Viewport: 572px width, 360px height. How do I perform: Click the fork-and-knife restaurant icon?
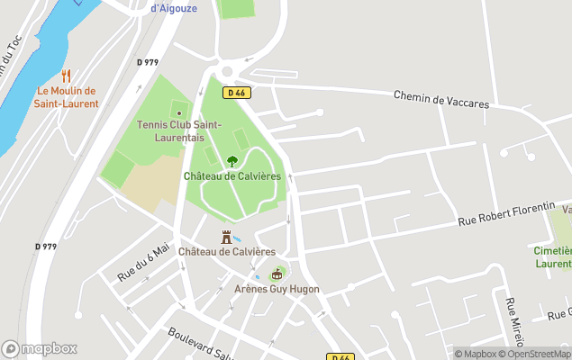pos(66,76)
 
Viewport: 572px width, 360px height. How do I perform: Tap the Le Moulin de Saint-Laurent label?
pos(68,97)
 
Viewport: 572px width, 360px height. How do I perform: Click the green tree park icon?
pos(232,161)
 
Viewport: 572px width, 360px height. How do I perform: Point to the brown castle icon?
pos(227,237)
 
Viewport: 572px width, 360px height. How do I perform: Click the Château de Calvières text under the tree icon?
pos(232,175)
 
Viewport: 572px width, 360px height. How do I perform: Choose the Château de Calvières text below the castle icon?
pos(227,252)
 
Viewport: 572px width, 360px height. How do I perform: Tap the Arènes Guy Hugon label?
pos(277,289)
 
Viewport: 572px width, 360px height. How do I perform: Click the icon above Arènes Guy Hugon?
pos(277,274)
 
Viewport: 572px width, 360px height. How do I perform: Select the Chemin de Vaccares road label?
pos(441,99)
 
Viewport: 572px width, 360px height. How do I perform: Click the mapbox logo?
pos(40,348)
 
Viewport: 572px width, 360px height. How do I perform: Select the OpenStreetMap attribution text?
pos(537,354)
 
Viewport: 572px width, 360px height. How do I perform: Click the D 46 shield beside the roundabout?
pos(237,92)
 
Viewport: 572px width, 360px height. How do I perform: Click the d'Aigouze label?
pos(173,8)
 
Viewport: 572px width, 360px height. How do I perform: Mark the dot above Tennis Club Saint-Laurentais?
pos(178,113)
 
